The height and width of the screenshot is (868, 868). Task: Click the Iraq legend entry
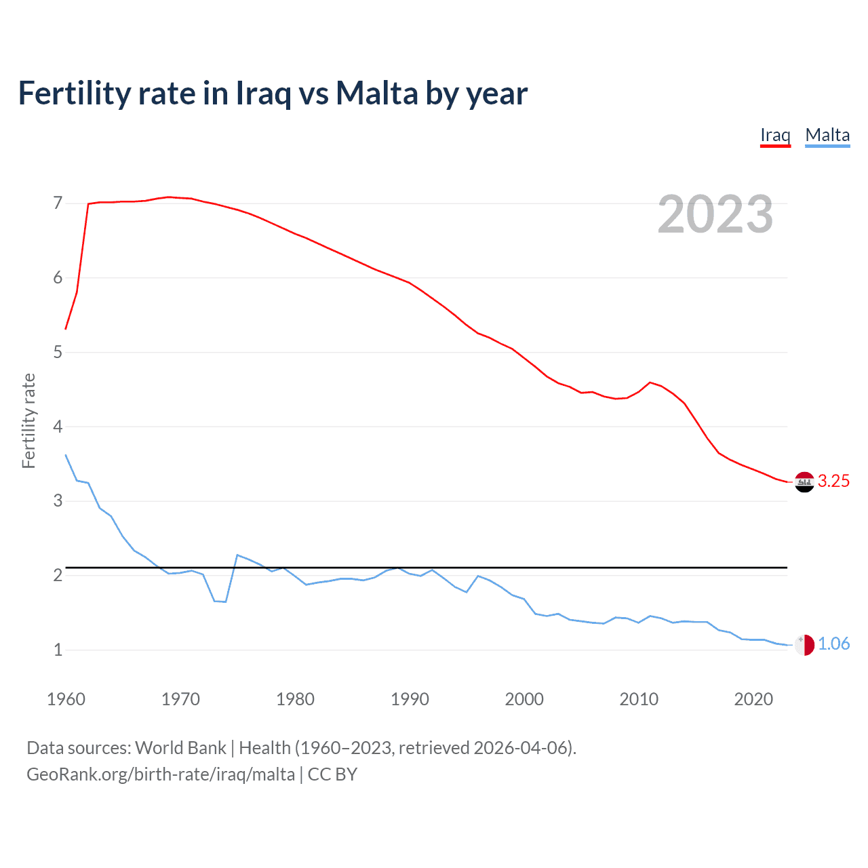[775, 135]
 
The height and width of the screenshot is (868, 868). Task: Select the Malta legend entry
[827, 135]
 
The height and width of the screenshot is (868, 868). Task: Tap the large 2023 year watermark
[715, 214]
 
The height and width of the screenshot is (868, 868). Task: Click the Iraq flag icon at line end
[804, 481]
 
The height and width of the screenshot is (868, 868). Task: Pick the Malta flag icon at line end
[804, 644]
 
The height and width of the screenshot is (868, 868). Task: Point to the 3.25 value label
[833, 481]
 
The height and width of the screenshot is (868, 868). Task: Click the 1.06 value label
[833, 644]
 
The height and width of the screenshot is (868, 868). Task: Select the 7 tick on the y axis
[58, 203]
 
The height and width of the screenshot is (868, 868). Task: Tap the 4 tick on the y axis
[58, 427]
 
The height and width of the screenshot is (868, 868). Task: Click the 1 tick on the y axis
[58, 650]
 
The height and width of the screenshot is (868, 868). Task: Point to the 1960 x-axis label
[66, 699]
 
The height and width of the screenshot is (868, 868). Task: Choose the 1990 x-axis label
[410, 699]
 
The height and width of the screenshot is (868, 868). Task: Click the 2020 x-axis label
[753, 699]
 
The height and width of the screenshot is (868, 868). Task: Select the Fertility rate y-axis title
[28, 420]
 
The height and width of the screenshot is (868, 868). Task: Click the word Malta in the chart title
[377, 94]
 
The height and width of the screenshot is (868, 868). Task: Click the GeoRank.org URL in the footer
[161, 774]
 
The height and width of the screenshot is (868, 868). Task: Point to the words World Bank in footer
[180, 747]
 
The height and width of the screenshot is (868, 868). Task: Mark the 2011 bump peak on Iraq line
[650, 382]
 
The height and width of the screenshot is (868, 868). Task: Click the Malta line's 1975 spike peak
[237, 555]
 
